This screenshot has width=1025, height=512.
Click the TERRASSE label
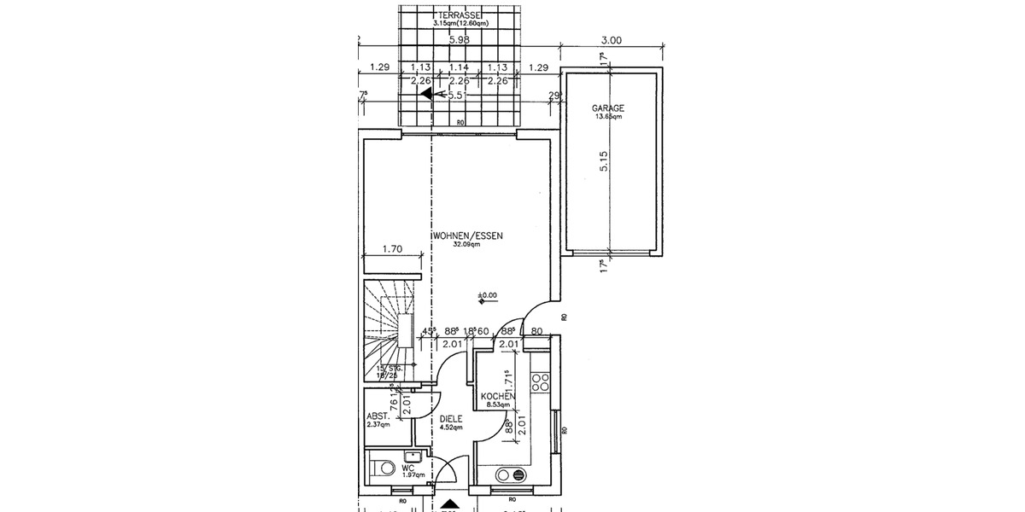point(460,15)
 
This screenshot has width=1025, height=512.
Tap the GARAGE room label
point(608,108)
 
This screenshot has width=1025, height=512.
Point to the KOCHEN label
point(497,397)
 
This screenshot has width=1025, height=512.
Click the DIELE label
point(450,419)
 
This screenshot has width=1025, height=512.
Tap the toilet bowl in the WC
point(384,467)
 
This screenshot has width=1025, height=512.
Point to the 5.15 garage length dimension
point(603,162)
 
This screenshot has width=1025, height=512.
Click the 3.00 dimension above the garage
point(611,39)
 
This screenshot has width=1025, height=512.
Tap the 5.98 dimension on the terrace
point(460,39)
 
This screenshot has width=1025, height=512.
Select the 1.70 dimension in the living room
point(392,250)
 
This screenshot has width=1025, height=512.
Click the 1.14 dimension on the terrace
point(460,67)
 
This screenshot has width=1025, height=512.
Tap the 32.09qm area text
point(465,244)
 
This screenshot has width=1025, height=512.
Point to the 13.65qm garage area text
point(608,117)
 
